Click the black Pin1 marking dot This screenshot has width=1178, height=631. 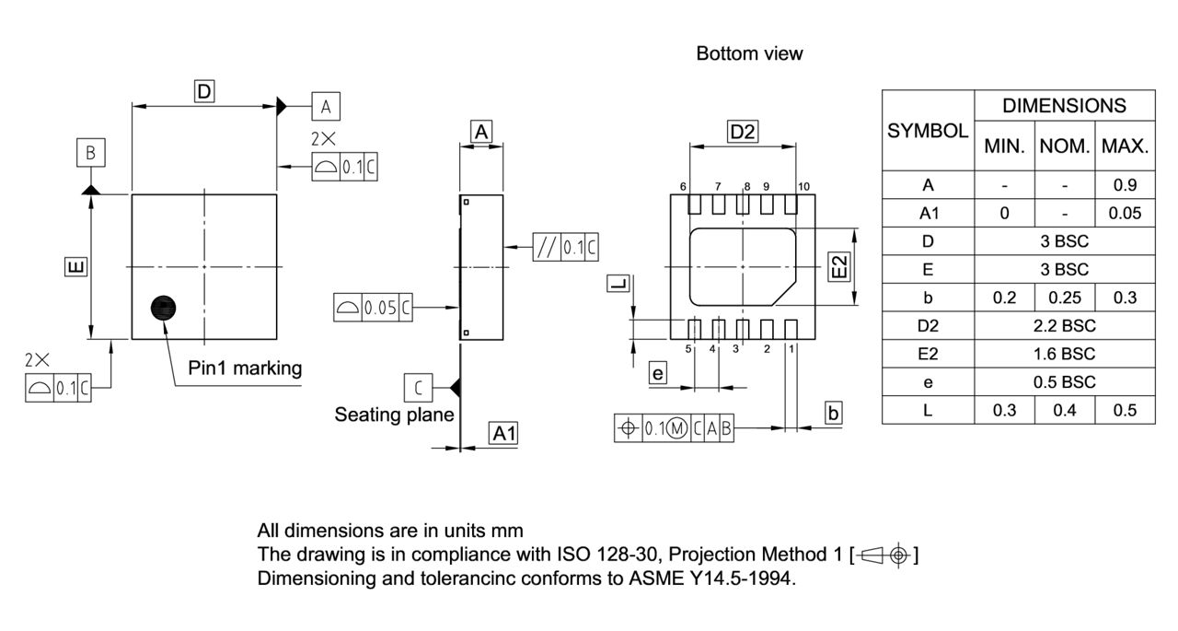[x=163, y=308]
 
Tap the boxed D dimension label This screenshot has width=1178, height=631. [x=204, y=90]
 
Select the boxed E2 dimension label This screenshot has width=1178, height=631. [x=838, y=267]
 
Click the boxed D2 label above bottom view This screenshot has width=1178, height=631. [x=742, y=132]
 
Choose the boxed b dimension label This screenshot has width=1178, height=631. [x=833, y=413]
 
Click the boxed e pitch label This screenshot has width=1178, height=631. [x=657, y=373]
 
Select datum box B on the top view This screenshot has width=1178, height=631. [x=90, y=153]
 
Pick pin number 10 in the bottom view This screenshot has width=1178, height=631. [x=803, y=186]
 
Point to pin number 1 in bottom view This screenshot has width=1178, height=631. [x=791, y=348]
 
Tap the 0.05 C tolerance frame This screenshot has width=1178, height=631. [x=373, y=308]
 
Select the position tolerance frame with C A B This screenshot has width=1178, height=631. [x=674, y=427]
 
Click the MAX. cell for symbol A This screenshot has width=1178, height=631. [x=1125, y=185]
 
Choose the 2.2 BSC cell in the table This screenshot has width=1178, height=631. [x=1064, y=326]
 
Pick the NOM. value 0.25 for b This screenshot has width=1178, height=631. [x=1064, y=298]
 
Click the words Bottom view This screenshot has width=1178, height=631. [x=749, y=53]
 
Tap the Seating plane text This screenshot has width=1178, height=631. [x=394, y=415]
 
